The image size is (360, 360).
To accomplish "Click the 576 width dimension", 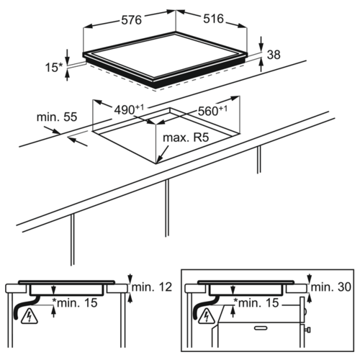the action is [131, 19].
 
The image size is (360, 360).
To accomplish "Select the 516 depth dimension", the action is [213, 19].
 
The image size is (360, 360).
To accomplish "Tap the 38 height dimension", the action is [274, 55].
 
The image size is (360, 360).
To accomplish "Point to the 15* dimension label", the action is [54, 67].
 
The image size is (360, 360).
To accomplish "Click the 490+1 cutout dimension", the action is [129, 109].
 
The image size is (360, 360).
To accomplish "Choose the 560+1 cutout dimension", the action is [212, 110].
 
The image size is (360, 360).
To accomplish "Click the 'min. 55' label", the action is [57, 117].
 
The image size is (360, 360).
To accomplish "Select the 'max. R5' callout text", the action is [186, 138].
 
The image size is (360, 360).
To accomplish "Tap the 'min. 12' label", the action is [152, 287].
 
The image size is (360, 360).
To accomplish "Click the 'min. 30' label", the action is [331, 287].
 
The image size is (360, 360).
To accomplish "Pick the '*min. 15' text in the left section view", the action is [75, 302].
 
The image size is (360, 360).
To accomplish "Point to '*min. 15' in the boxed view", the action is [256, 302].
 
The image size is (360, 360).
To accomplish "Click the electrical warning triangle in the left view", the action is [30, 316].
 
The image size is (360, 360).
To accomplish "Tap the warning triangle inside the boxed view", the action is [207, 316].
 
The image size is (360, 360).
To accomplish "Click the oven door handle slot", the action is [261, 328].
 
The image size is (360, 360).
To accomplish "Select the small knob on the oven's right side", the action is [307, 330].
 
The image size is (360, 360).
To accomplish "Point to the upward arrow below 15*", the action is [68, 75].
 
